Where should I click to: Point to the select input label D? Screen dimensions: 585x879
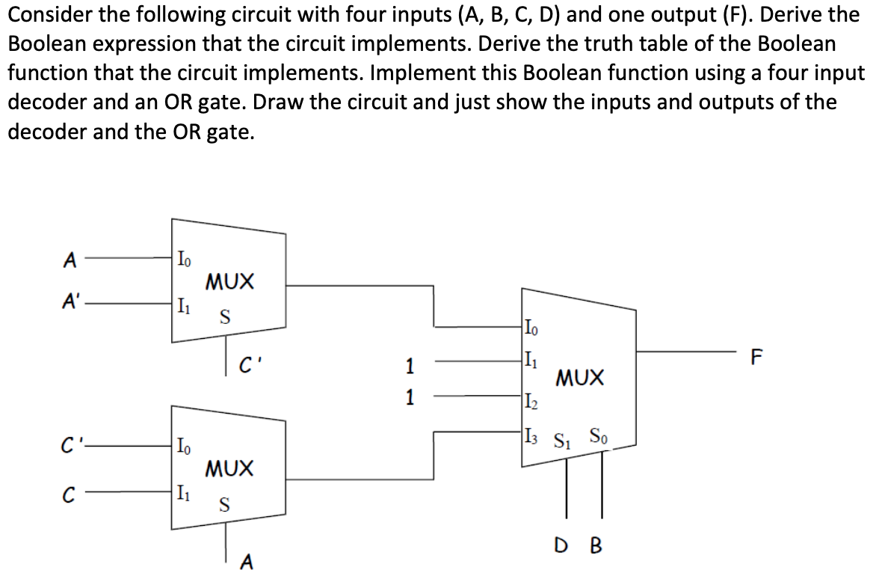(x=565, y=546)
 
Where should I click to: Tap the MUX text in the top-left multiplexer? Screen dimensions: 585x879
(x=229, y=282)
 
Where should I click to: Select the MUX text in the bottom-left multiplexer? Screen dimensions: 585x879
(x=229, y=469)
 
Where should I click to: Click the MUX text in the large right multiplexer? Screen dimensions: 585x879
(x=579, y=377)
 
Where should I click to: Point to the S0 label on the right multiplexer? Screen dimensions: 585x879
(x=598, y=434)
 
